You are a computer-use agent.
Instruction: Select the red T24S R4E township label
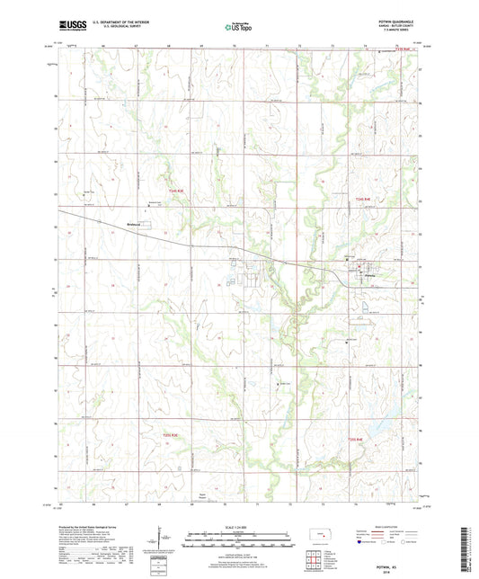tap(362, 199)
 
